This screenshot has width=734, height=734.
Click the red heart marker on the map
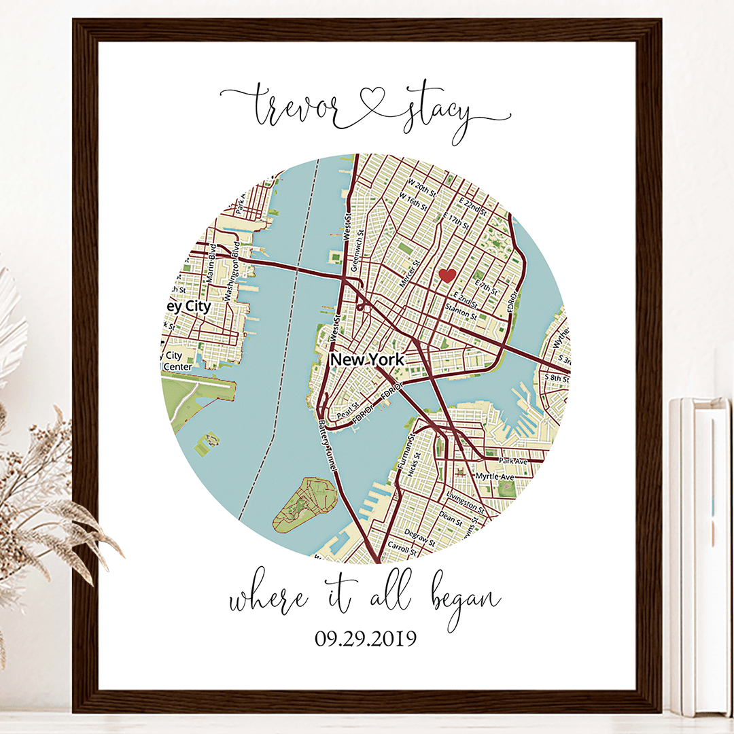(x=447, y=275)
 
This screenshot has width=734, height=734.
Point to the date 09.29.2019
(x=365, y=639)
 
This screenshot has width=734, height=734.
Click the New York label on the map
(x=366, y=360)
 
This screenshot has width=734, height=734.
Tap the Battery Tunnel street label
(x=328, y=446)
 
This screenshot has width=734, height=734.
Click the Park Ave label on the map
(x=513, y=461)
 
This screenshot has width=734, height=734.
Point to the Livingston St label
(x=466, y=504)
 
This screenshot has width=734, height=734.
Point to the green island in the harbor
(x=305, y=504)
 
